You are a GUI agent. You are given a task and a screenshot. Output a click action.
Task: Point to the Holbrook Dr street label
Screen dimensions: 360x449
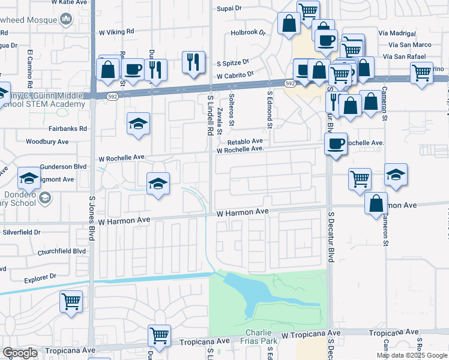tap(247, 34)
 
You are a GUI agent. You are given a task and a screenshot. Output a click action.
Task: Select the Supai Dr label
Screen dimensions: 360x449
tap(230, 9)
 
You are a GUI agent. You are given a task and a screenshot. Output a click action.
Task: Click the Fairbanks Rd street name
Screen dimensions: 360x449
tap(68, 128)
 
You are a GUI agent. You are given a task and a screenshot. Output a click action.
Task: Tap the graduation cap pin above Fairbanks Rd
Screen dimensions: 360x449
tap(139, 124)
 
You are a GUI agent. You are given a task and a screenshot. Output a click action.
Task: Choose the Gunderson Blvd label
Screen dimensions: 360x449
tap(64, 167)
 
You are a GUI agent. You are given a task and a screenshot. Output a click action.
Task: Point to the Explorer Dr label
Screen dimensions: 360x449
tap(40, 277)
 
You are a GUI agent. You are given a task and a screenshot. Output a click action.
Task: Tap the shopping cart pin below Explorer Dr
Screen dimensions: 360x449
tap(71, 301)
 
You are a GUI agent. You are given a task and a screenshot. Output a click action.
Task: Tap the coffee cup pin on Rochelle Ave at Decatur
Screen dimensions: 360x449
tap(336, 143)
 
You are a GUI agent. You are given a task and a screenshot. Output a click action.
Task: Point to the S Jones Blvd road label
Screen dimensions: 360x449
tap(92, 217)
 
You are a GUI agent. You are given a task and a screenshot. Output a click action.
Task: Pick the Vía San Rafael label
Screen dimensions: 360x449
tap(408, 56)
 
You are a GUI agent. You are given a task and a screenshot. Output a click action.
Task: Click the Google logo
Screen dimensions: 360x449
tap(20, 352)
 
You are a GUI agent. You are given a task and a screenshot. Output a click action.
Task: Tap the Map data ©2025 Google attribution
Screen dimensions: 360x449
tap(411, 355)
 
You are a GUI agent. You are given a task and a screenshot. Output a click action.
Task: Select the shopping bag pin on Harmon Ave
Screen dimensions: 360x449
tap(376, 203)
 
